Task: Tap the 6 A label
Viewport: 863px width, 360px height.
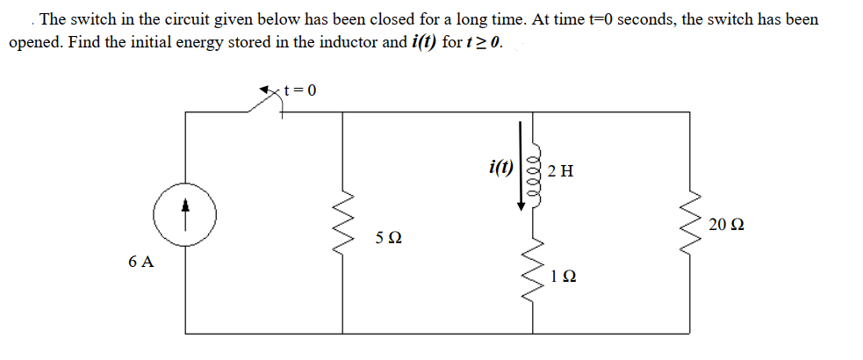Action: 140,262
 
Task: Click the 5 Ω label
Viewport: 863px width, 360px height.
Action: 388,238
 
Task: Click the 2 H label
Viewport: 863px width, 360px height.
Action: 560,170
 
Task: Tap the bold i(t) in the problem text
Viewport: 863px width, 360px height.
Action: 425,43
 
